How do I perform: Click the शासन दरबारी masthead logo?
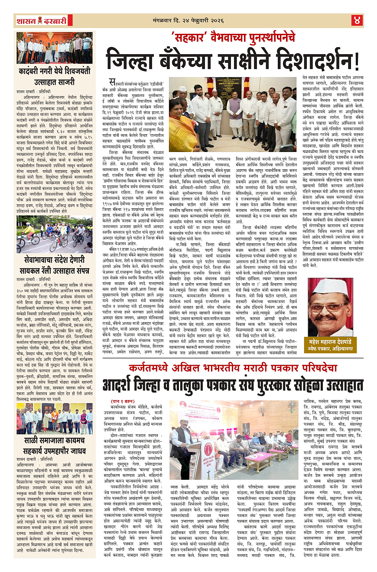[41, 20]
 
